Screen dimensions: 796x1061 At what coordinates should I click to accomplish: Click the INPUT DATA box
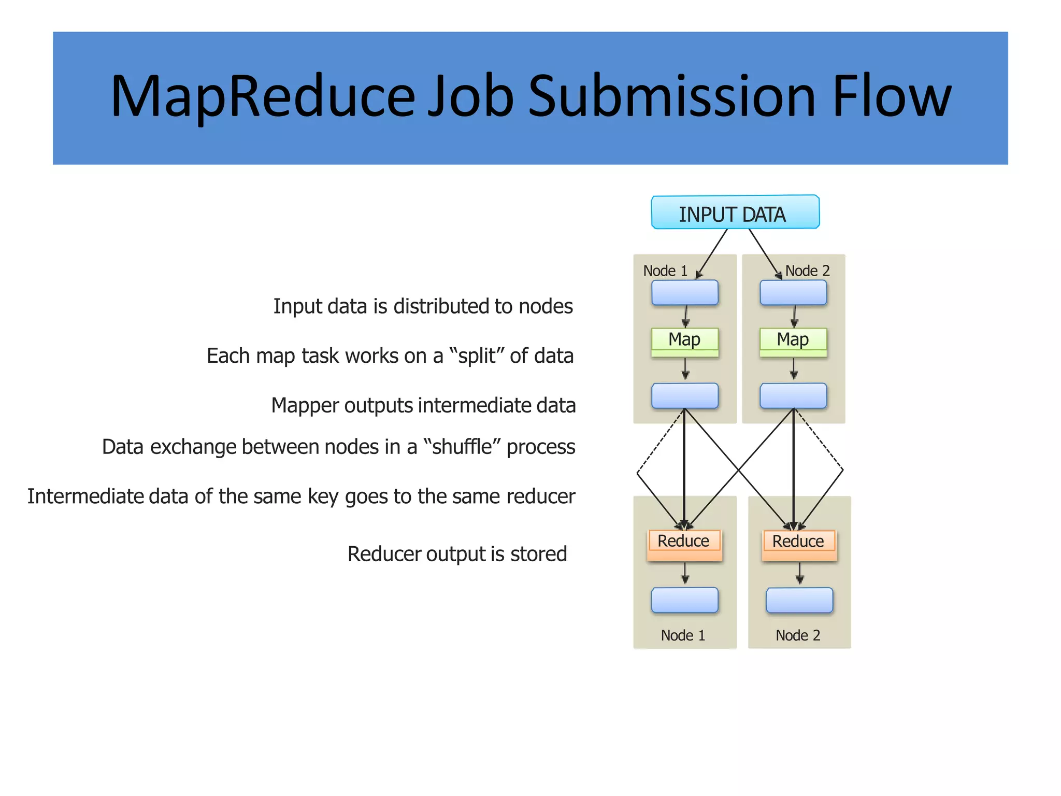click(x=735, y=212)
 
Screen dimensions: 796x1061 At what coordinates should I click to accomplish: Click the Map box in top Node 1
click(x=684, y=341)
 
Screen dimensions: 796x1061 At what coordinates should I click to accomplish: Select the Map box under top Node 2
click(x=793, y=341)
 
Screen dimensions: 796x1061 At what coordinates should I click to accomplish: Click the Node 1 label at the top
click(x=665, y=271)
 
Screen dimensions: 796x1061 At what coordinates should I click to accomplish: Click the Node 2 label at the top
click(x=807, y=271)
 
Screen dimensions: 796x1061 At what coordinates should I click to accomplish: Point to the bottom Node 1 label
click(x=683, y=635)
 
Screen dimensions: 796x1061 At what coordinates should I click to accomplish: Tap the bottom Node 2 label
click(x=798, y=635)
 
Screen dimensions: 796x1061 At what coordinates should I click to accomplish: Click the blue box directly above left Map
click(x=684, y=293)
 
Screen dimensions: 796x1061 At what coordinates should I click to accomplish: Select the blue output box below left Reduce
click(x=684, y=600)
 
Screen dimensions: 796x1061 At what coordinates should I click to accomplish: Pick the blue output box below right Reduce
click(x=799, y=600)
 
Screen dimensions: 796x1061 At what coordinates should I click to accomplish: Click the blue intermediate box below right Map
click(x=793, y=396)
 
